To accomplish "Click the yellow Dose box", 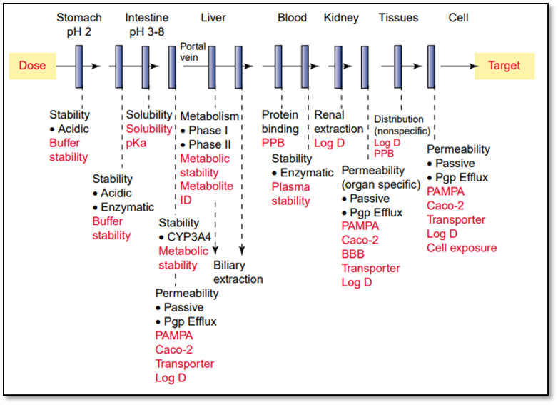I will (32, 66).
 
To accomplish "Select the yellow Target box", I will (504, 66).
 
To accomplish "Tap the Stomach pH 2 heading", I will (79, 25).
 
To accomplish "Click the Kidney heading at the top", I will (341, 18).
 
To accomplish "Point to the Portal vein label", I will (193, 52).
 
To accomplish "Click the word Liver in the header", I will (213, 18).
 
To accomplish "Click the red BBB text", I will (353, 254).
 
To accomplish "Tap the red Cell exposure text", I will (462, 248).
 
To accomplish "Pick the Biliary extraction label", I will (238, 272).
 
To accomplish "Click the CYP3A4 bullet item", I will (188, 236).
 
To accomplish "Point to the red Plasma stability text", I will (290, 194).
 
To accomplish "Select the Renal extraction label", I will (338, 121).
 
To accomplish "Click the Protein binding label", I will (280, 121).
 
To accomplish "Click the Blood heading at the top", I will (292, 18).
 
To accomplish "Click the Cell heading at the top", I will (458, 18).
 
